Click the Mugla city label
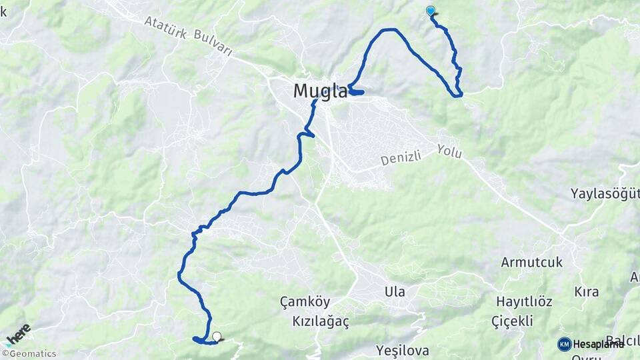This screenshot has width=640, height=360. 321,91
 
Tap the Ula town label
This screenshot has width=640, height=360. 395,291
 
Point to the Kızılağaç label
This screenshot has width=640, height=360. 321,321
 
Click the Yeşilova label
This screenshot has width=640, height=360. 402,350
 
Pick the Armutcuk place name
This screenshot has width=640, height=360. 532,262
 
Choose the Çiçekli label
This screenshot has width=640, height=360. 512,321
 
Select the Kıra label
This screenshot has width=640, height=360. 587,292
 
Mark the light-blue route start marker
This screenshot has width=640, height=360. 431,11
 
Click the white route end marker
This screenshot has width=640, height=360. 216,336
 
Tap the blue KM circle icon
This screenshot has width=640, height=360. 565,344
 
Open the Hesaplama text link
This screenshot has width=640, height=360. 598,344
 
